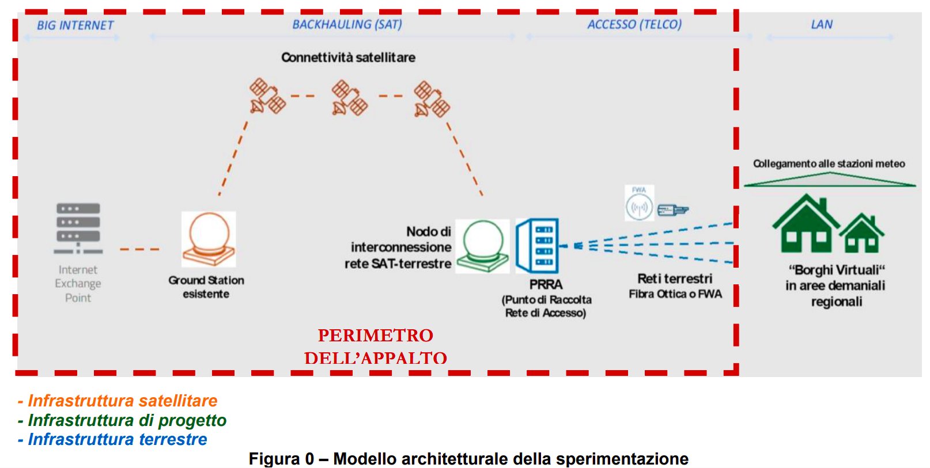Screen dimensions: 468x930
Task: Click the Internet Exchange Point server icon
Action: click(78, 228)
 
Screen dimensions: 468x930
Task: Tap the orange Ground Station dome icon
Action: click(209, 239)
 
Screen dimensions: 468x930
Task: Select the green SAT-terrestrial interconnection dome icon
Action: click(483, 246)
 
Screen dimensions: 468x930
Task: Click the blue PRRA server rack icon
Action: click(538, 245)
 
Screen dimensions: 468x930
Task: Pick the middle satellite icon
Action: click(349, 98)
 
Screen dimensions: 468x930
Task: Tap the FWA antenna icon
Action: click(639, 206)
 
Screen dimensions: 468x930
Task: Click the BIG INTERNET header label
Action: click(75, 25)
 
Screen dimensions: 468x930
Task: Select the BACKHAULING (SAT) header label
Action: click(347, 24)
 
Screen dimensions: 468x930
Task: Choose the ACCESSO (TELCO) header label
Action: click(634, 24)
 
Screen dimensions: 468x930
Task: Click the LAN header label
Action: click(822, 24)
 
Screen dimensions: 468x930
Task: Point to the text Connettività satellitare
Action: click(348, 58)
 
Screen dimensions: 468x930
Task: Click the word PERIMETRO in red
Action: click(375, 335)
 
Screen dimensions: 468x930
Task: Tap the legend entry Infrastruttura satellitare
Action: click(122, 401)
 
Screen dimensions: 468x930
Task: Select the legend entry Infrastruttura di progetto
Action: click(127, 420)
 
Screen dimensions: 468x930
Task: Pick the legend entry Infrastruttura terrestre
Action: click(117, 439)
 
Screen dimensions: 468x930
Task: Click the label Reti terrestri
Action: click(675, 279)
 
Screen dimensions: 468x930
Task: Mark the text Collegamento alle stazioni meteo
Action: click(829, 163)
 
